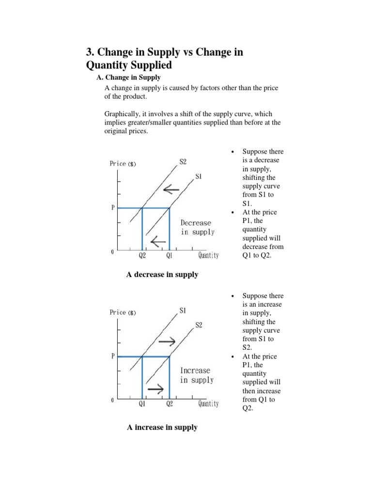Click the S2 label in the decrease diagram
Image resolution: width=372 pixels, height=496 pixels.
click(183, 162)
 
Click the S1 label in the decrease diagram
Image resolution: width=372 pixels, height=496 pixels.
click(199, 177)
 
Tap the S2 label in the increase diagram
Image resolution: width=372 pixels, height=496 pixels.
click(199, 325)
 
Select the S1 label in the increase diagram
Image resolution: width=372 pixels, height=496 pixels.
click(183, 310)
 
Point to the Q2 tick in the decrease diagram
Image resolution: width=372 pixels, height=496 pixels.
click(142, 255)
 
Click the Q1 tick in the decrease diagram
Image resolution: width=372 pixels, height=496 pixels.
click(169, 255)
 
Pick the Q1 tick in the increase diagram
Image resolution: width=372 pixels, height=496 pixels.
click(142, 404)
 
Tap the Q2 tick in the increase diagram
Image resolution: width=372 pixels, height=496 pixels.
click(169, 404)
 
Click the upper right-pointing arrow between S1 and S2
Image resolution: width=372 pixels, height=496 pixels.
click(167, 341)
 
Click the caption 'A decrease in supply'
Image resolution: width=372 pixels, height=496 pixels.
click(162, 275)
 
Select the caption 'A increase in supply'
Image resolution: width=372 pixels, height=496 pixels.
click(162, 427)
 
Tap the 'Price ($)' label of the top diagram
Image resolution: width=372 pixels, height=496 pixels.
click(123, 164)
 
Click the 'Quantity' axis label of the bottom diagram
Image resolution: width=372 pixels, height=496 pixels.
click(208, 403)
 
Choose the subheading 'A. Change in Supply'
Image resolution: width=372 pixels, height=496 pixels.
click(129, 77)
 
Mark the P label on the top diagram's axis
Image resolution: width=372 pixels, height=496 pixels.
click(113, 207)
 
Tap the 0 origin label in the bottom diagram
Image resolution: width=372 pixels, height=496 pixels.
click(112, 401)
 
